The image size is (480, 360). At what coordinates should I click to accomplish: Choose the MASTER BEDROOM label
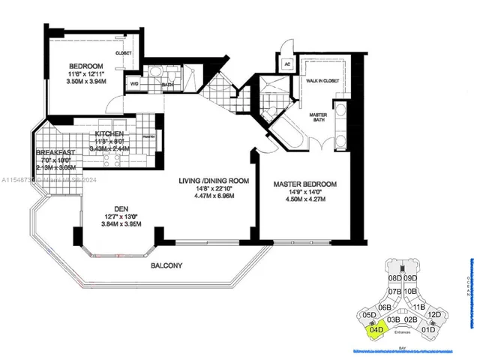coord(304,184)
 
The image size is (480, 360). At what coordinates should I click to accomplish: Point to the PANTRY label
coord(148,137)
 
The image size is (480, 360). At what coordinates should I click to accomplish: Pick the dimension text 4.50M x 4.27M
coord(304,199)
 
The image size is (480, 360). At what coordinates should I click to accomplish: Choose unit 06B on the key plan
coord(385,307)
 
